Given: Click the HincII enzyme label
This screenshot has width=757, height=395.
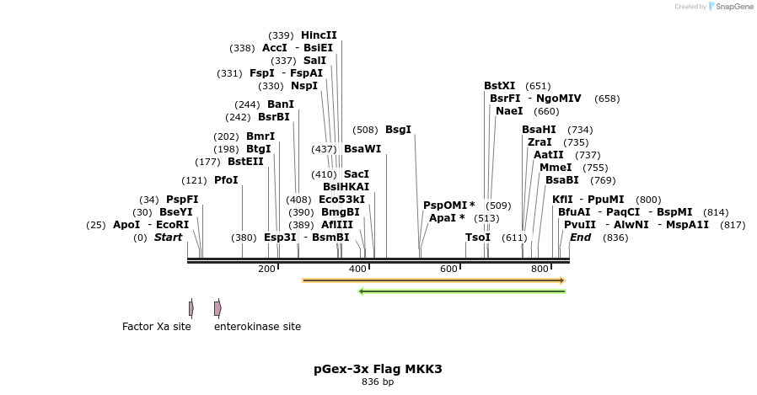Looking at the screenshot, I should point(319,35).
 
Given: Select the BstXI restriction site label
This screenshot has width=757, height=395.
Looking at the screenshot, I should point(499,86).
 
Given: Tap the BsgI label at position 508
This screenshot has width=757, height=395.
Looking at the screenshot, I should point(398,130).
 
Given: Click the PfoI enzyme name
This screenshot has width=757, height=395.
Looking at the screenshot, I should point(226,180).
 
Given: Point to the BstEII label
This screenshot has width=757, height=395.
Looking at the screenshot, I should point(245,162).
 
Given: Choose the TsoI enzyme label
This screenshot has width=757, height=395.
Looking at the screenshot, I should point(478,238).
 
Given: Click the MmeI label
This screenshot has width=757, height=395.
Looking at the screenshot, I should point(556,168).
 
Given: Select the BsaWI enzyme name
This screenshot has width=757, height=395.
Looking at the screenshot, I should point(362,149).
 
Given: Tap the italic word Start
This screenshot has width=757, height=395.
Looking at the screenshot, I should point(168,238).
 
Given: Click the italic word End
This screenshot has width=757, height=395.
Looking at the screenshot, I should point(580,238).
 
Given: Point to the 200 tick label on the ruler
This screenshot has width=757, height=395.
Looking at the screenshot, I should point(266,269).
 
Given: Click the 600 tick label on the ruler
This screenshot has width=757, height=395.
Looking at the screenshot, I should point(448,269).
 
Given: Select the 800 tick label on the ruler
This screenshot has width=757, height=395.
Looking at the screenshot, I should point(540,269).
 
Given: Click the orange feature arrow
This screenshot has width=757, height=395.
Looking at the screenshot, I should point(433,280).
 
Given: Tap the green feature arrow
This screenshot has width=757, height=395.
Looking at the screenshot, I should point(462,291).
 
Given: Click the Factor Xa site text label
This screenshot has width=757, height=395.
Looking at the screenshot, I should point(157,327).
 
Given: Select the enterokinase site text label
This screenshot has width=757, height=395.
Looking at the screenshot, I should point(257,327).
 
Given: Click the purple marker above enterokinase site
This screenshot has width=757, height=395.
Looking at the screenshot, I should point(217,308).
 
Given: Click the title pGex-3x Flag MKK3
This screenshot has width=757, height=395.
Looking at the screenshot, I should point(378,369).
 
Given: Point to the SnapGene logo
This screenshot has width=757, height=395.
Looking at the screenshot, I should point(730,7).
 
